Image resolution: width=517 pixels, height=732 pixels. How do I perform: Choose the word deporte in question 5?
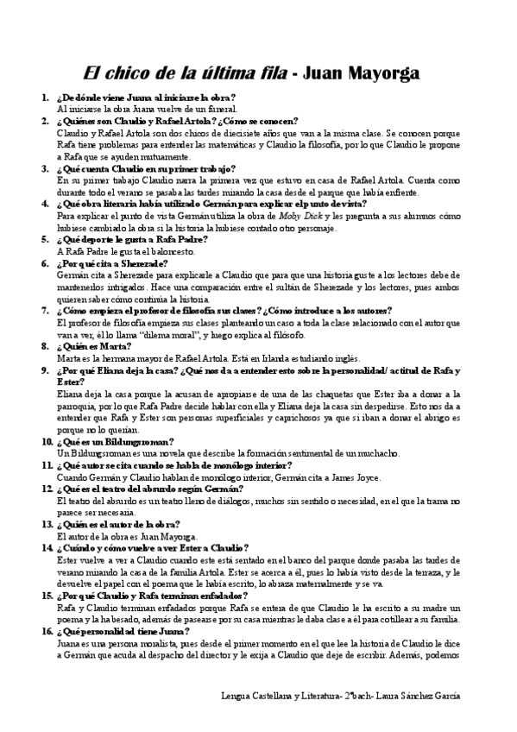(91, 239)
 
